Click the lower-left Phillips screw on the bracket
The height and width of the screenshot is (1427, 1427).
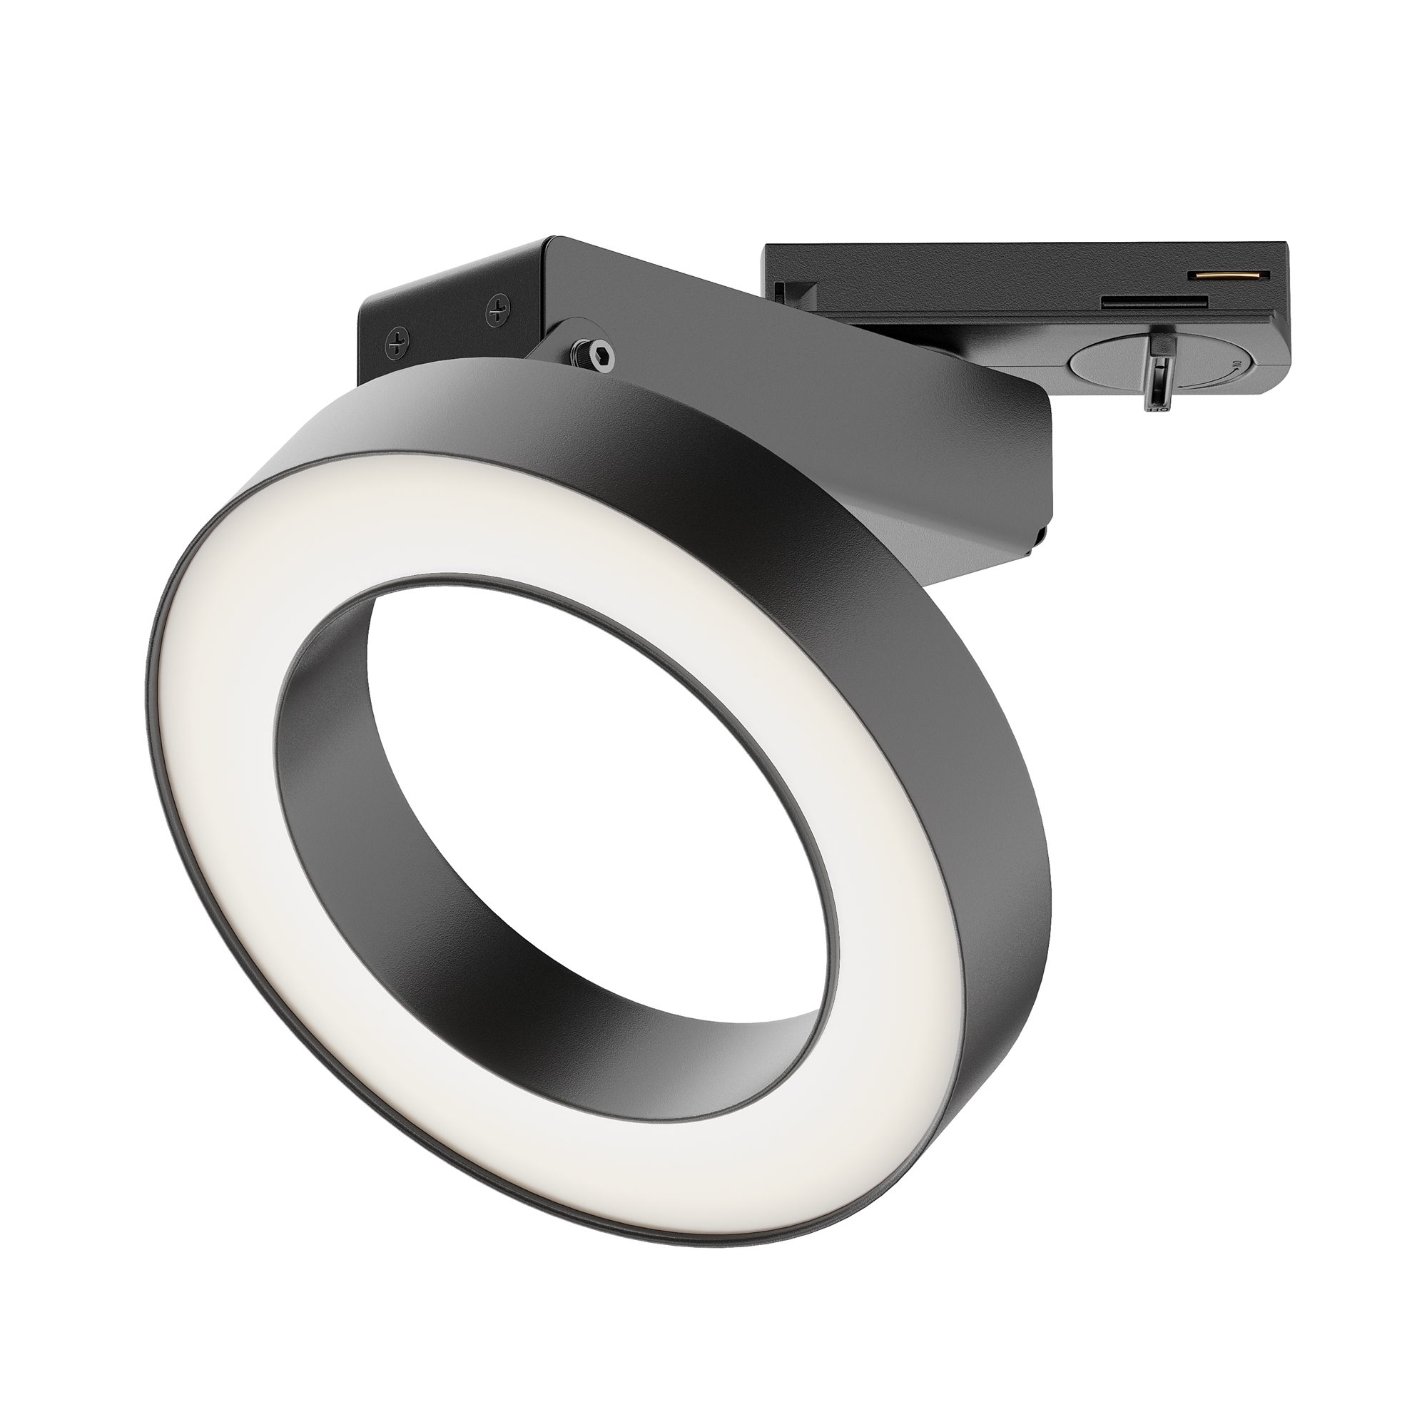[x=400, y=341]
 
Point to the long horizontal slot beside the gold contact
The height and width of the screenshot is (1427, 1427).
[x=1154, y=301]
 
